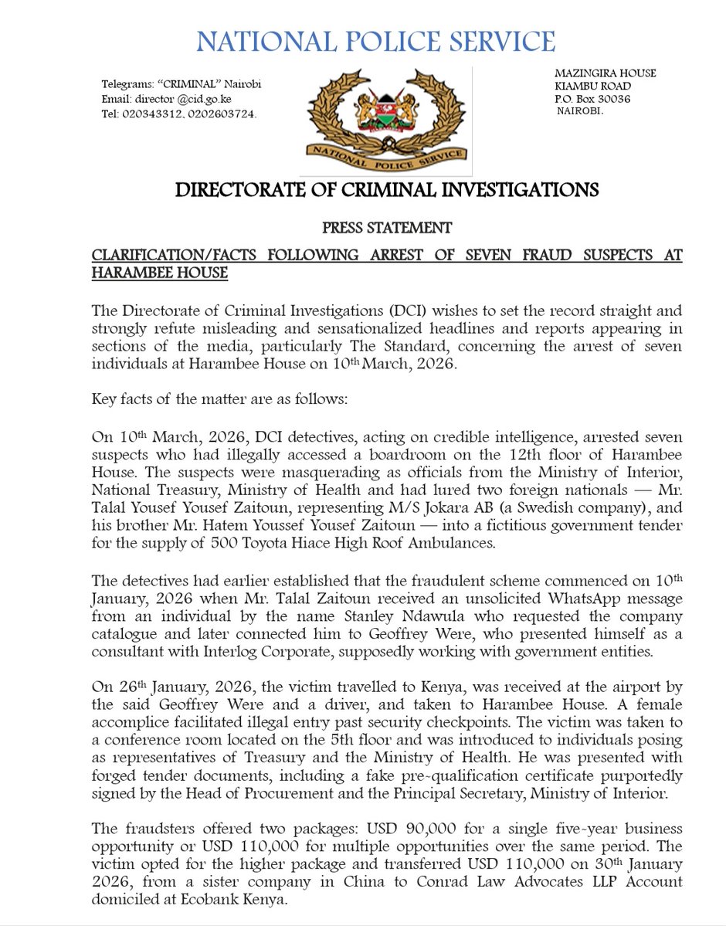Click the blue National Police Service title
(x=375, y=41)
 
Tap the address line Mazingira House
(x=606, y=73)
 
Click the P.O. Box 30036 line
(x=592, y=98)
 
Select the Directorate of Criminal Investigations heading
(x=386, y=190)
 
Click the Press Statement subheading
(x=385, y=229)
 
